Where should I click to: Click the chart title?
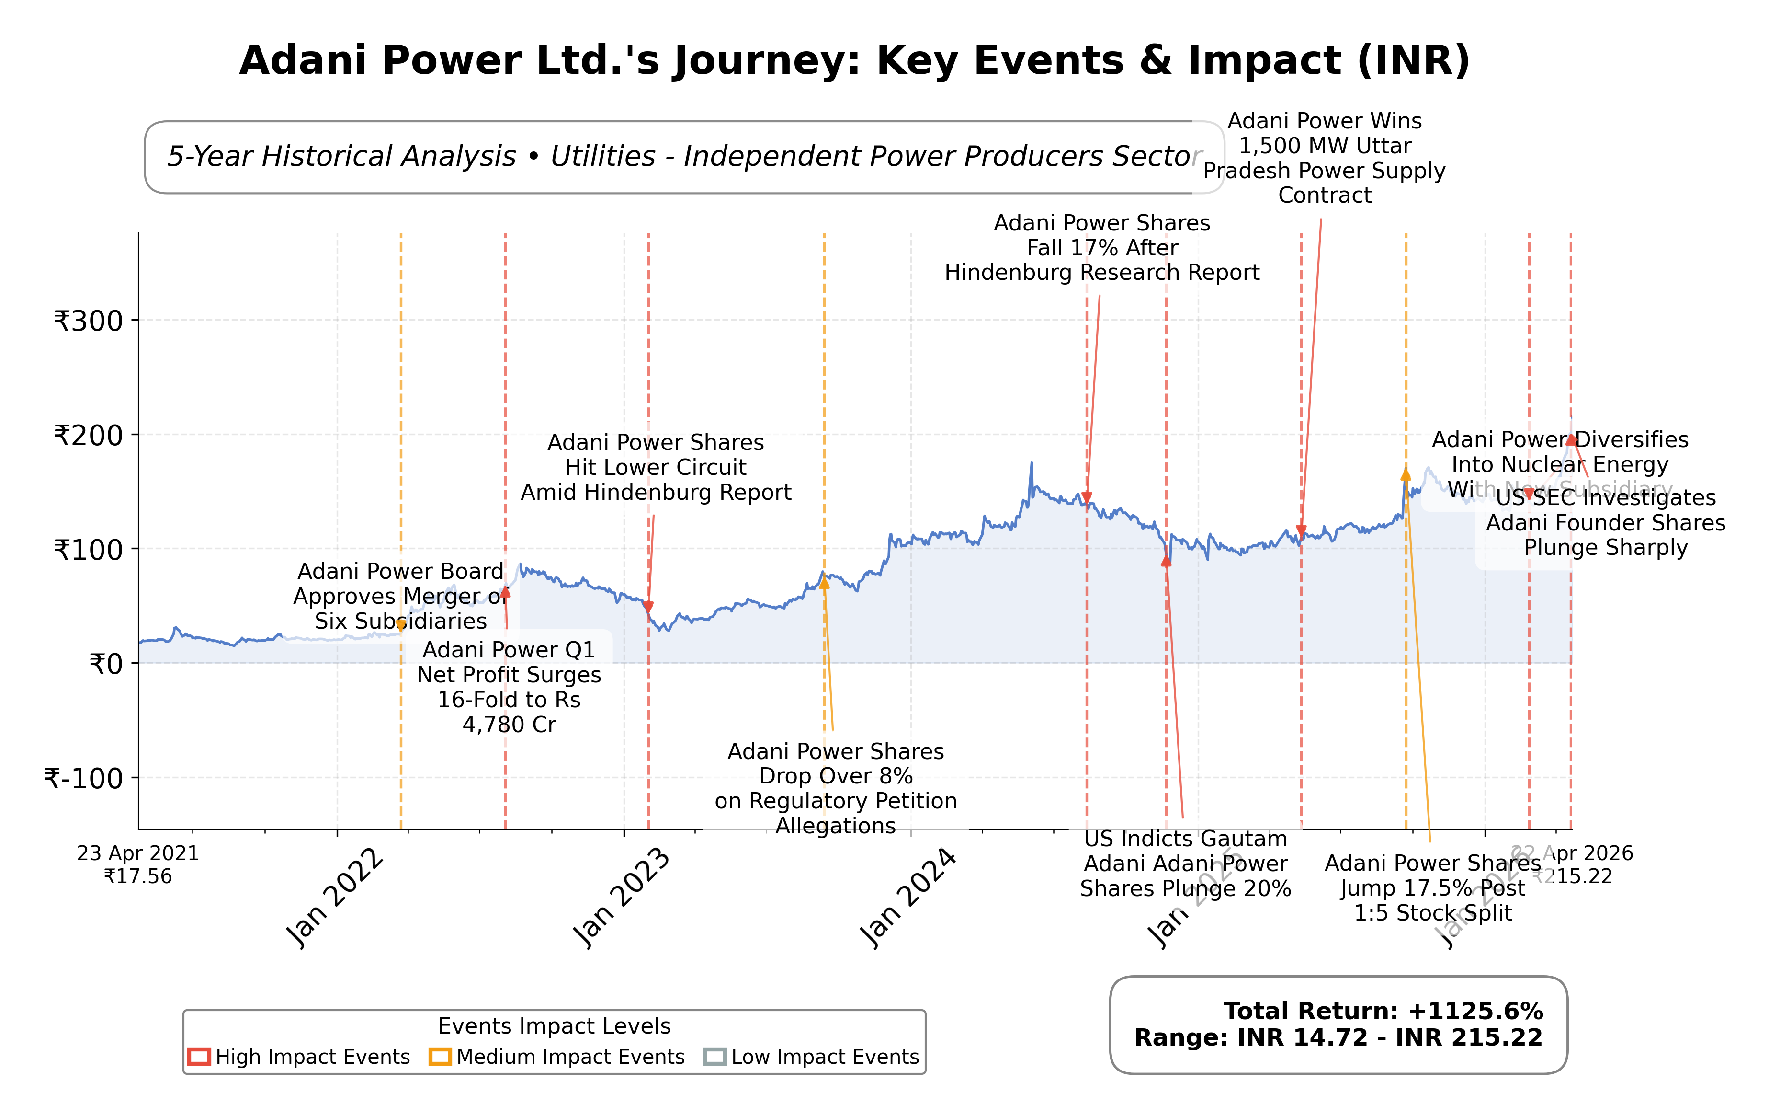(854, 60)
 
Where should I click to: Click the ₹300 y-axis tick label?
(88, 321)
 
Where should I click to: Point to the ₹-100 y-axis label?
(83, 778)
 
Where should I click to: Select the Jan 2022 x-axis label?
(334, 898)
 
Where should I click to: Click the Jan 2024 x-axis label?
(908, 898)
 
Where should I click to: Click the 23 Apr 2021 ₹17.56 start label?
(138, 865)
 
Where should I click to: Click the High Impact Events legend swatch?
(199, 1057)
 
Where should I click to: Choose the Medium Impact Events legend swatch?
(440, 1057)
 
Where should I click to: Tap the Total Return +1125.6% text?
(1383, 1011)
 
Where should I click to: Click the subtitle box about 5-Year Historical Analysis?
(683, 157)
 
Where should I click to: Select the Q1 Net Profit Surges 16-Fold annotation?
(509, 687)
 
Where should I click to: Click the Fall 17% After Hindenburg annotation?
(1101, 248)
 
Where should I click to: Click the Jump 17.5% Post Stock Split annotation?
(1432, 888)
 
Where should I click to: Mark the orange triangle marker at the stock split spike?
(1406, 475)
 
